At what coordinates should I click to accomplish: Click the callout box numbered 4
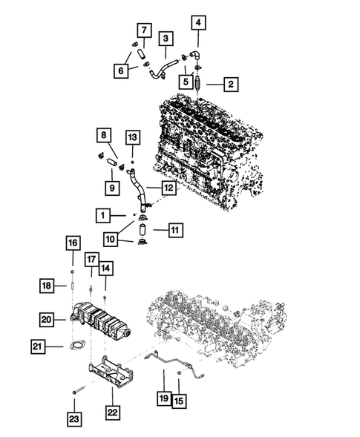[197, 22]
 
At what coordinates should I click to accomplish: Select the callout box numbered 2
[231, 85]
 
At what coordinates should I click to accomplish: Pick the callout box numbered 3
[167, 38]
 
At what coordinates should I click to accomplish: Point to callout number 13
[132, 138]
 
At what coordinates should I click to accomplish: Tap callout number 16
[72, 243]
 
